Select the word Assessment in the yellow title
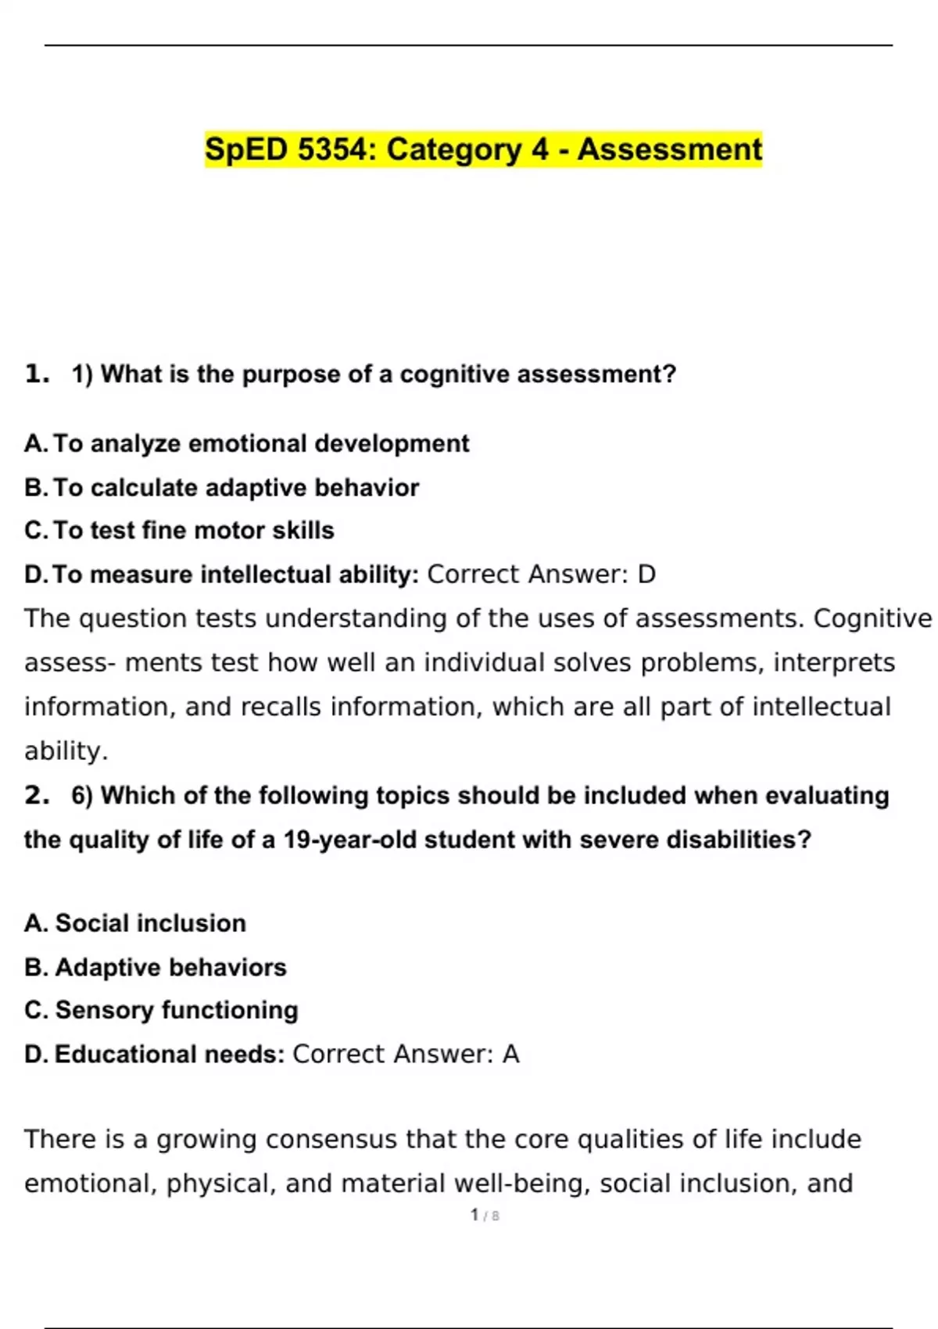pos(669,149)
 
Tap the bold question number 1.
pos(37,374)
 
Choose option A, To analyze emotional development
pos(246,443)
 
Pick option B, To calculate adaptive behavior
pos(222,488)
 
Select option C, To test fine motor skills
pos(179,531)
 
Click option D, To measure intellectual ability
pos(222,575)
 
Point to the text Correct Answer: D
pos(541,575)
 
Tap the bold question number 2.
pos(37,795)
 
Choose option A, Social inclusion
pos(135,923)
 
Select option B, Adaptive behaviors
pos(156,968)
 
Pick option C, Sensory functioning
pos(161,1010)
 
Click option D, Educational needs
pos(155,1055)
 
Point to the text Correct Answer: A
pos(406,1055)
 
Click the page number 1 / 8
pos(485,1216)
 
